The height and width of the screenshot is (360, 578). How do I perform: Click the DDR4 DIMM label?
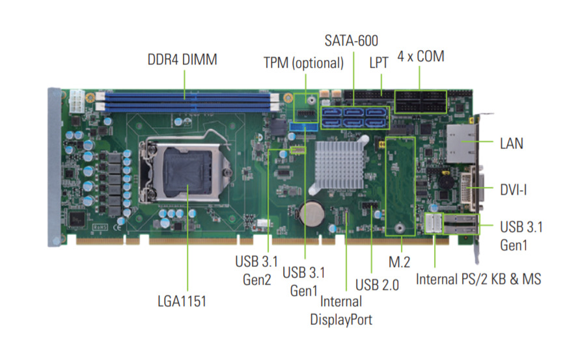182,59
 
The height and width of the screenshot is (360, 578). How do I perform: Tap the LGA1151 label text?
182,301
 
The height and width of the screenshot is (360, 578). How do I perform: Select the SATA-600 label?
351,40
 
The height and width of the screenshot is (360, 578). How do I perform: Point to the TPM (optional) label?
303,63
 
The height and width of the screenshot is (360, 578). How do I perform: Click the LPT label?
379,62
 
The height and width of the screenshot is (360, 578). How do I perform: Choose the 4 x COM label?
420,57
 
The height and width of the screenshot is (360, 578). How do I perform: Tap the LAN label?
511,143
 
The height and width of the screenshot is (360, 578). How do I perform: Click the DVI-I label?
513,189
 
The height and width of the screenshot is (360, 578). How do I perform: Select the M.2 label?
399,262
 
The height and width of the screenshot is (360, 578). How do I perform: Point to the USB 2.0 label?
377,284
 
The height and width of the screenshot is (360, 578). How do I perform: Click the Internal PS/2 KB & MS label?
478,279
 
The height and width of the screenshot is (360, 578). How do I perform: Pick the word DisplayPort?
341,320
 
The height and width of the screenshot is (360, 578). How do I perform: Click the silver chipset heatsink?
339,165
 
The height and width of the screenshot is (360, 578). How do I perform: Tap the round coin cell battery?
312,213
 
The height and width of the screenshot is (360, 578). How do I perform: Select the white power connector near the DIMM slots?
77,101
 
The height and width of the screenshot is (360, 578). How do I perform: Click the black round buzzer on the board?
446,182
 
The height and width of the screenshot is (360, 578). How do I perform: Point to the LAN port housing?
462,144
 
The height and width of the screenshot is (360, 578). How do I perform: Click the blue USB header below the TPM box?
303,128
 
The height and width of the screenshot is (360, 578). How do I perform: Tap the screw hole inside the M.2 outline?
400,228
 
